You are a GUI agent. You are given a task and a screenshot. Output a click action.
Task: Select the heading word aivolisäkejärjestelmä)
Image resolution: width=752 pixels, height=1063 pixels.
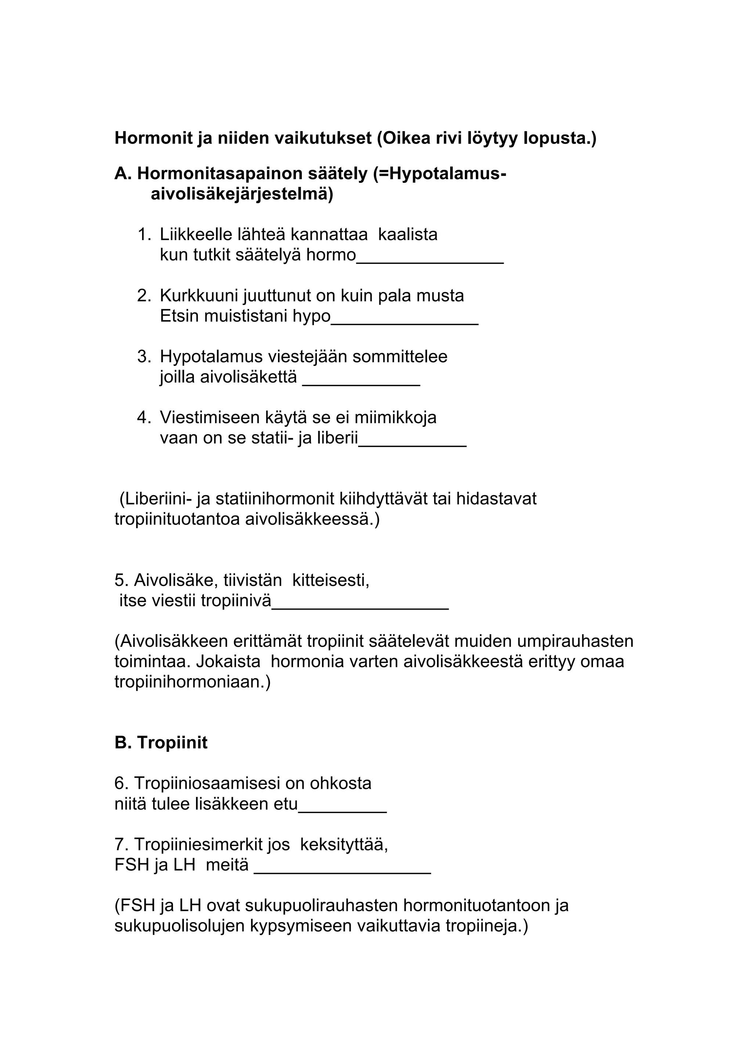[241, 195]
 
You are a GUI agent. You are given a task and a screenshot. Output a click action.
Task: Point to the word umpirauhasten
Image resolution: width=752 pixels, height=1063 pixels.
[575, 641]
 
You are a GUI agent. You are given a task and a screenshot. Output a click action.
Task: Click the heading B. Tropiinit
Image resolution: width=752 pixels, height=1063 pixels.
[161, 743]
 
